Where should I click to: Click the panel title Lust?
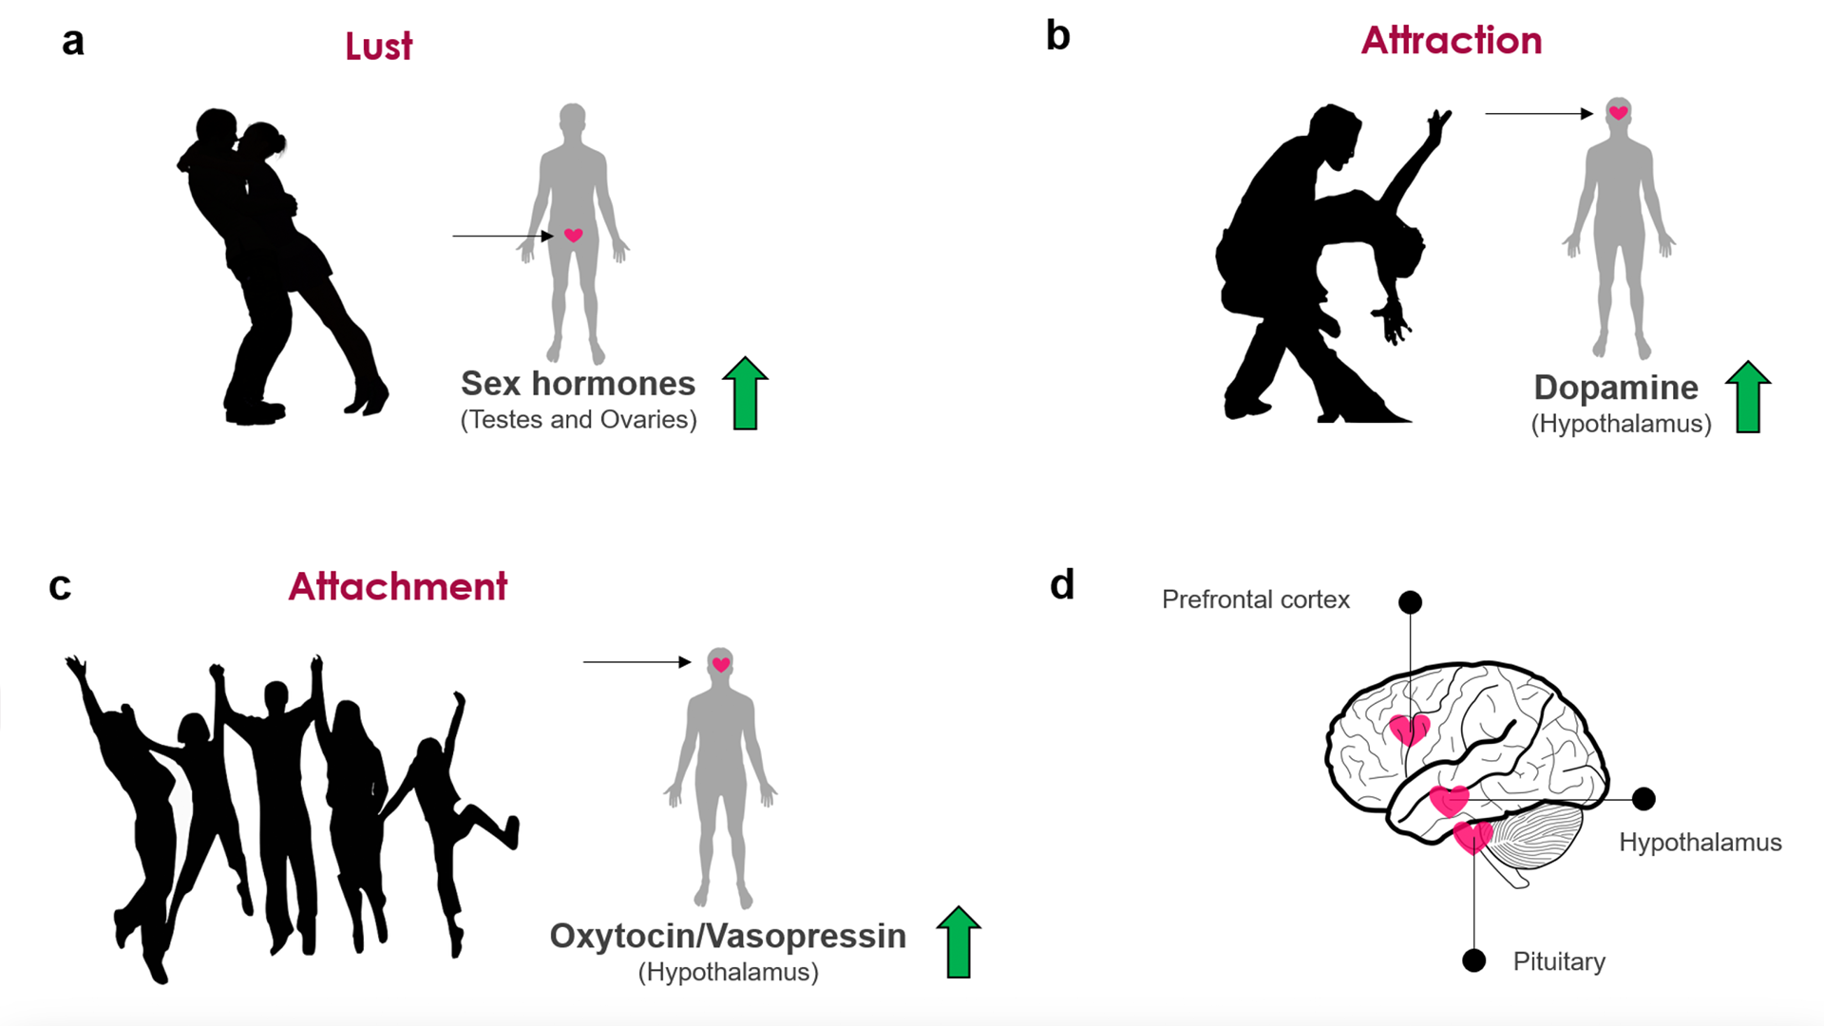pyautogui.click(x=378, y=47)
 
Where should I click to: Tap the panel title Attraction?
pyautogui.click(x=1451, y=41)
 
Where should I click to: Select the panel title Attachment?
pyautogui.click(x=397, y=587)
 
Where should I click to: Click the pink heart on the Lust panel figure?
pyautogui.click(x=573, y=235)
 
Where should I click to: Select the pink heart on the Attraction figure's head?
pyautogui.click(x=1619, y=113)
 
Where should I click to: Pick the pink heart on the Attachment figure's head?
pyautogui.click(x=721, y=664)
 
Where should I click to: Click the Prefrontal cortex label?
pyautogui.click(x=1255, y=599)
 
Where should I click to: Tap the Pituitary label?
pyautogui.click(x=1559, y=961)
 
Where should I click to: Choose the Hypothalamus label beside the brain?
pyautogui.click(x=1700, y=843)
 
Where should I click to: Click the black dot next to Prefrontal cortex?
pyautogui.click(x=1410, y=602)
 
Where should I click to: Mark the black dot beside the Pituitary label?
pyautogui.click(x=1473, y=960)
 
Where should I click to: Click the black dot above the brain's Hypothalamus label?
pyautogui.click(x=1643, y=799)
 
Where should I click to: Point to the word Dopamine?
pyautogui.click(x=1615, y=388)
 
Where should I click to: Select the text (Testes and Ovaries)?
pyautogui.click(x=579, y=420)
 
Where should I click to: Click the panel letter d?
pyautogui.click(x=1062, y=585)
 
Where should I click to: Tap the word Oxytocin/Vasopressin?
pyautogui.click(x=728, y=937)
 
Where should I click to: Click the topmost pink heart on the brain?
pyautogui.click(x=1408, y=730)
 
